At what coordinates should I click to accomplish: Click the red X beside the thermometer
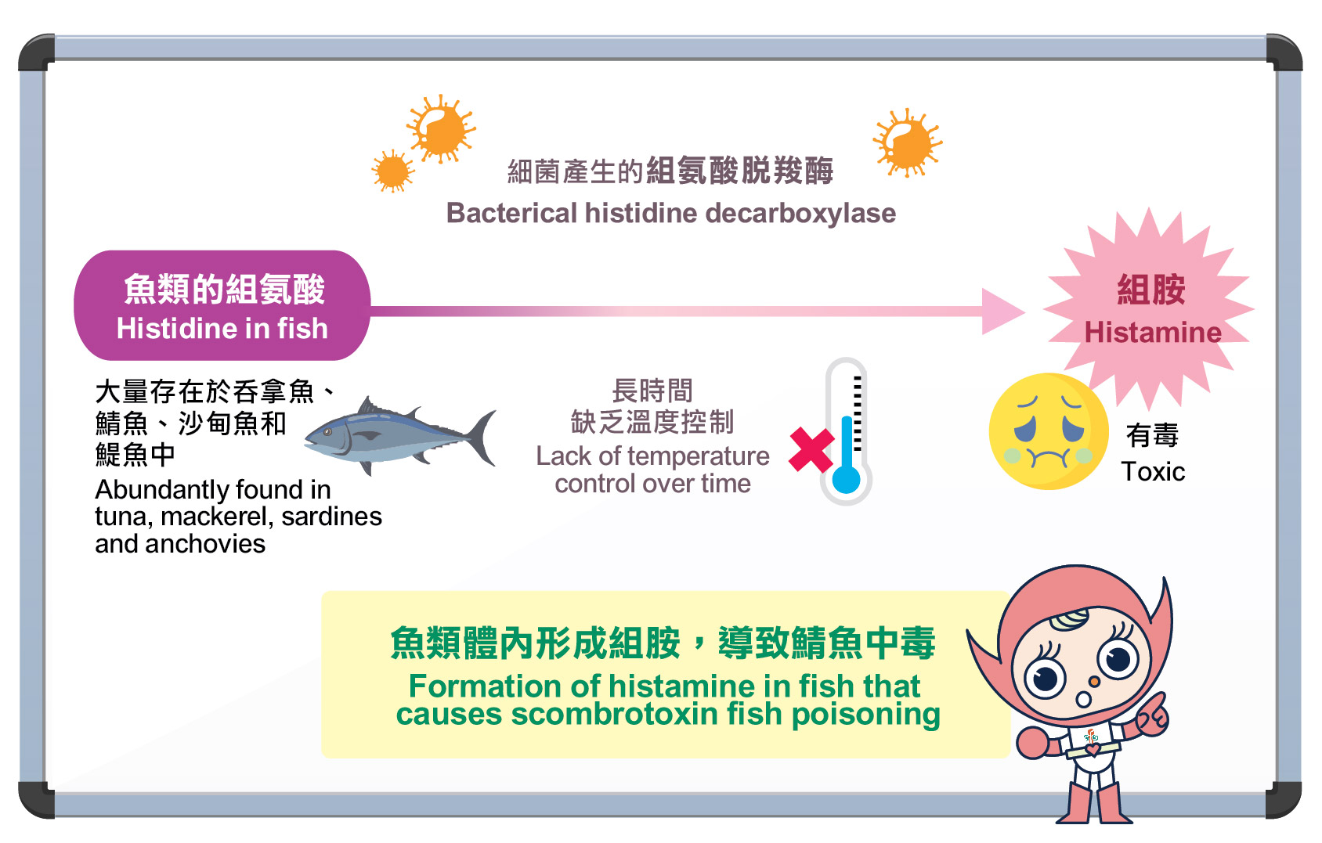tap(811, 449)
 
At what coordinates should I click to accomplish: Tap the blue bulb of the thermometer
tap(847, 478)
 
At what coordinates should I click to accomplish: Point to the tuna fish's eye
tap(327, 432)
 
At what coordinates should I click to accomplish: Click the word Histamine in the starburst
tap(1153, 333)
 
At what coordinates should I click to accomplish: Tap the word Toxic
tap(1153, 472)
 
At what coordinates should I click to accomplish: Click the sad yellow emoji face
tap(1048, 431)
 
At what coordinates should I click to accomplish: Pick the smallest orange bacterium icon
tap(393, 171)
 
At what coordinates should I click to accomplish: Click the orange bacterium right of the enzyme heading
tap(908, 142)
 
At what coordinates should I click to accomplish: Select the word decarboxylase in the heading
tap(801, 213)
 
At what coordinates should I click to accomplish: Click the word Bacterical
tap(511, 213)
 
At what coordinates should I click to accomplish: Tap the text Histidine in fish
tap(222, 329)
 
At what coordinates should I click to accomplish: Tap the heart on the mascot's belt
tap(1093, 750)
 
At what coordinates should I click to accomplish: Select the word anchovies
tap(205, 544)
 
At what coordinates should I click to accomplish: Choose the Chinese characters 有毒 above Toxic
tap(1152, 435)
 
